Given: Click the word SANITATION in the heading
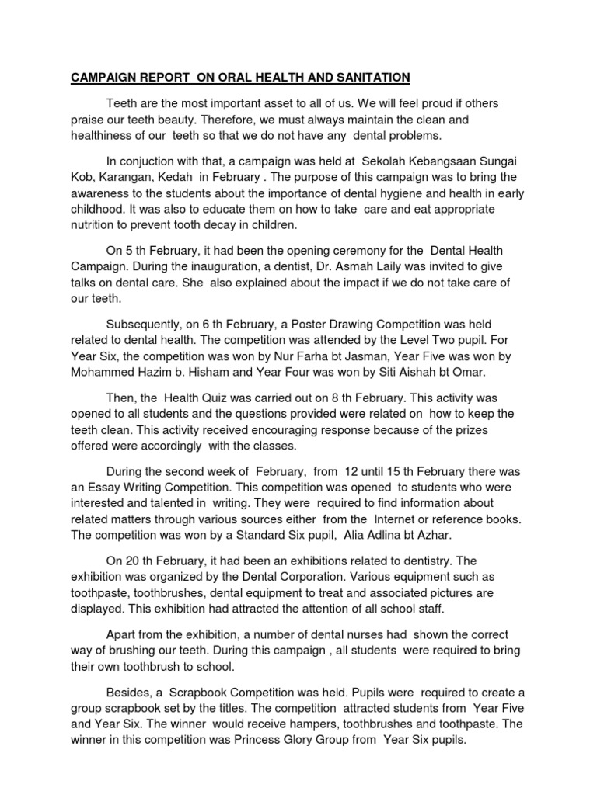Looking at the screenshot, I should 367,77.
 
